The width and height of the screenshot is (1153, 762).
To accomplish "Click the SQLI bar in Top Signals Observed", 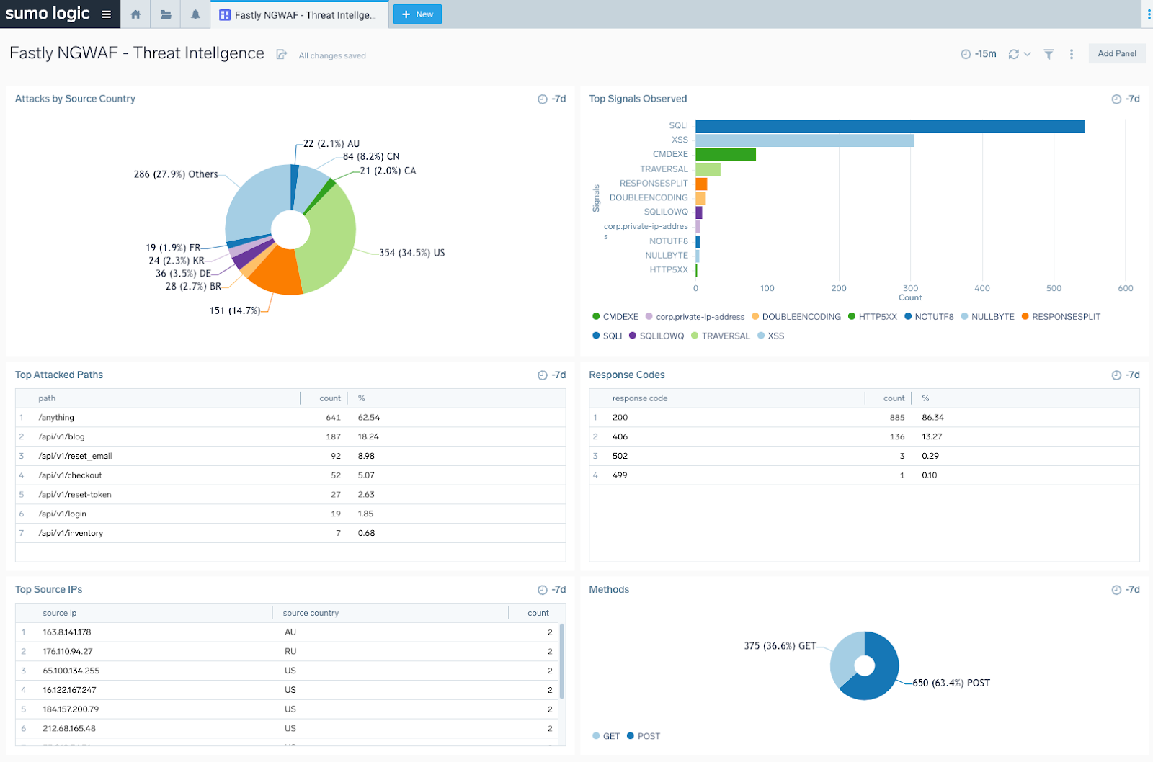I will [889, 126].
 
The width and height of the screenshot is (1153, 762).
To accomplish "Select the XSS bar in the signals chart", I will [804, 140].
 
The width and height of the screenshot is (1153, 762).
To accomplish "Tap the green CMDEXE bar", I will [725, 155].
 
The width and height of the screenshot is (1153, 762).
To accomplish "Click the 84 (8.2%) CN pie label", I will [370, 156].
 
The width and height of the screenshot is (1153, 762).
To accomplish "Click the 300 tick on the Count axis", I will [911, 288].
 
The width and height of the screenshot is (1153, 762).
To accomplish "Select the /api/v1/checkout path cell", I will [70, 475].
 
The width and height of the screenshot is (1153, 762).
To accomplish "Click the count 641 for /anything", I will [333, 418].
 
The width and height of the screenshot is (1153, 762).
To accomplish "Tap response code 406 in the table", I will [620, 437].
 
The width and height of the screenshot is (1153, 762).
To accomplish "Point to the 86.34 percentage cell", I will [932, 418].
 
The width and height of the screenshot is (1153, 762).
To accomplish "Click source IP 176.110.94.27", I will [68, 652].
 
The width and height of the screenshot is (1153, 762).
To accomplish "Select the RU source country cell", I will [290, 652].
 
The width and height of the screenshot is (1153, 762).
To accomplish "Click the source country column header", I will [311, 614].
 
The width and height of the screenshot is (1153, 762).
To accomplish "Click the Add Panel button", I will [1116, 54].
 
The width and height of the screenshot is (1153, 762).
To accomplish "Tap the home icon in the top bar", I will [135, 14].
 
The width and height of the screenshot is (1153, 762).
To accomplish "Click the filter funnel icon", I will [1049, 55].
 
